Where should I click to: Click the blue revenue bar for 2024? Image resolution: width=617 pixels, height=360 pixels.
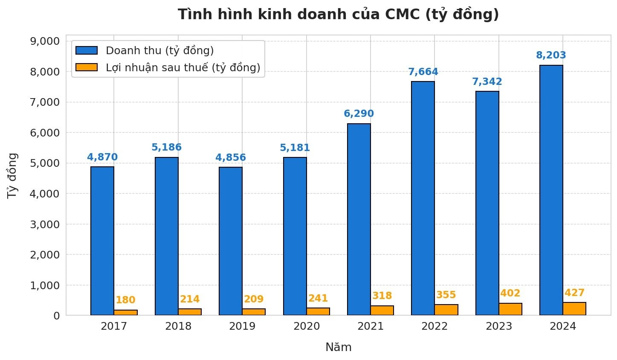(x=551, y=190)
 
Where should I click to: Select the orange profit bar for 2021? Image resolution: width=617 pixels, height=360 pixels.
(x=382, y=311)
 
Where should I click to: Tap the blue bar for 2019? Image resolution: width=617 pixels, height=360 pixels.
(x=231, y=241)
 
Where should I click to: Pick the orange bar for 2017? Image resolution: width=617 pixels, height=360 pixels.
(x=126, y=313)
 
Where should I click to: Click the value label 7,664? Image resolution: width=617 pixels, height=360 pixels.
(x=423, y=72)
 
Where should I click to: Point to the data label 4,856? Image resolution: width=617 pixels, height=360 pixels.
(x=230, y=158)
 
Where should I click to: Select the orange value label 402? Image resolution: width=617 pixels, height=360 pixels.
(x=510, y=293)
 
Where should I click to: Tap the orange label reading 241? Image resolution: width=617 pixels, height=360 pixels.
(x=318, y=298)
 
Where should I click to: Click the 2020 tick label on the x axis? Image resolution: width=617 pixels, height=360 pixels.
(x=306, y=327)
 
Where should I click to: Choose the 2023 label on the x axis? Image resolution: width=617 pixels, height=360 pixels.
(x=498, y=327)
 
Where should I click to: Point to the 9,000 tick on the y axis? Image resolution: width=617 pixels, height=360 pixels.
(x=44, y=41)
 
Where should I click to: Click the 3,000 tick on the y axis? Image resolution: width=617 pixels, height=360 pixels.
(x=44, y=224)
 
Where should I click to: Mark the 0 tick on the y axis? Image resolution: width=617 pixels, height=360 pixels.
(x=56, y=316)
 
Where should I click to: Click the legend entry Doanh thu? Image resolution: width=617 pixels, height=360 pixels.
(x=159, y=51)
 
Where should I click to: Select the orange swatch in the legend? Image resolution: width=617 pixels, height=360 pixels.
(x=87, y=67)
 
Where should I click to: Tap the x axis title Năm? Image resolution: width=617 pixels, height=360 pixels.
(x=338, y=348)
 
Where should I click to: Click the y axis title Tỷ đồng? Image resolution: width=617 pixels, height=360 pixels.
(x=13, y=175)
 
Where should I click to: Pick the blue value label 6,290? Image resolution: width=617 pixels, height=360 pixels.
(x=359, y=114)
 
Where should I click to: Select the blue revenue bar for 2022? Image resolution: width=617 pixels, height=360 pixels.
(x=423, y=198)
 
